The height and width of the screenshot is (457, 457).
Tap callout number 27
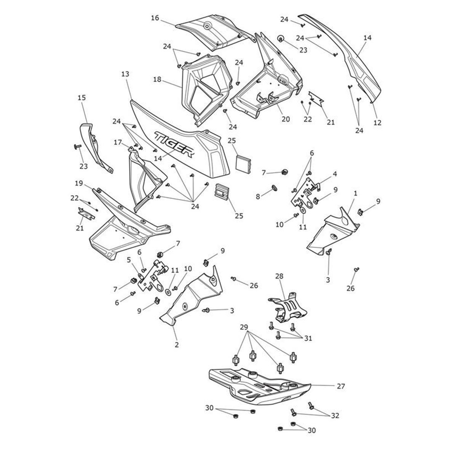(340, 386)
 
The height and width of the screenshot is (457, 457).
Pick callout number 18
(157, 80)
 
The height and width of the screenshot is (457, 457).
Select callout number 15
(81, 98)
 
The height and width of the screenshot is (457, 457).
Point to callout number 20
(286, 119)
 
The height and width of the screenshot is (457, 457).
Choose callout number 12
(377, 123)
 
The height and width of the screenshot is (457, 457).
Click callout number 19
(79, 184)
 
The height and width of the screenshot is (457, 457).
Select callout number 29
(244, 327)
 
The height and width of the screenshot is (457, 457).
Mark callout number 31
(308, 338)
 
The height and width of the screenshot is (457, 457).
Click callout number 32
(335, 415)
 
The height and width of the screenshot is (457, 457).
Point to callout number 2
(176, 345)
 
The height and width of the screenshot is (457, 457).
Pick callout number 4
(334, 174)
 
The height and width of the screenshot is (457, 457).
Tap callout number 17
(118, 142)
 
